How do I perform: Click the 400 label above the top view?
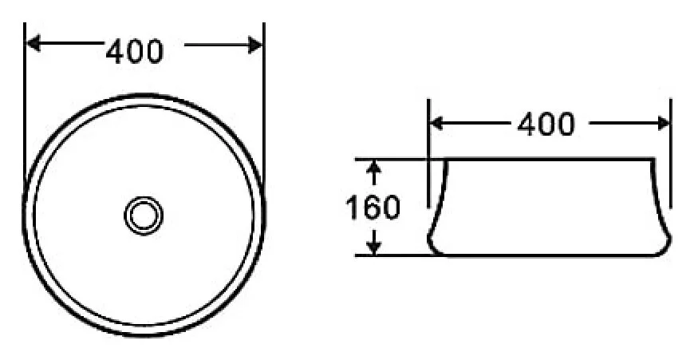(x=135, y=51)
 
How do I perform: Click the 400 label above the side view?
(x=546, y=124)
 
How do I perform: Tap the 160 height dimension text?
(x=372, y=208)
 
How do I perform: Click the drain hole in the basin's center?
(x=144, y=216)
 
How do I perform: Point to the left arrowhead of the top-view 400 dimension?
(x=34, y=45)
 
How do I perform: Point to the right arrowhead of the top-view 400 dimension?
(x=255, y=45)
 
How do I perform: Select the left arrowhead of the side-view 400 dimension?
(x=437, y=123)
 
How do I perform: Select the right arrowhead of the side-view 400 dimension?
(x=663, y=123)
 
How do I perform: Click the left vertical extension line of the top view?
(x=26, y=96)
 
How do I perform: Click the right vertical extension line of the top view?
(x=263, y=96)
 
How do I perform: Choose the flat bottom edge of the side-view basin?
(x=550, y=255)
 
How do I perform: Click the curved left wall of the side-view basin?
(x=440, y=200)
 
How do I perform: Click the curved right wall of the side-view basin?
(x=660, y=200)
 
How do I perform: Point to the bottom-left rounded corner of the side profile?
(x=432, y=246)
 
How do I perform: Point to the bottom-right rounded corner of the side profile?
(x=667, y=246)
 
